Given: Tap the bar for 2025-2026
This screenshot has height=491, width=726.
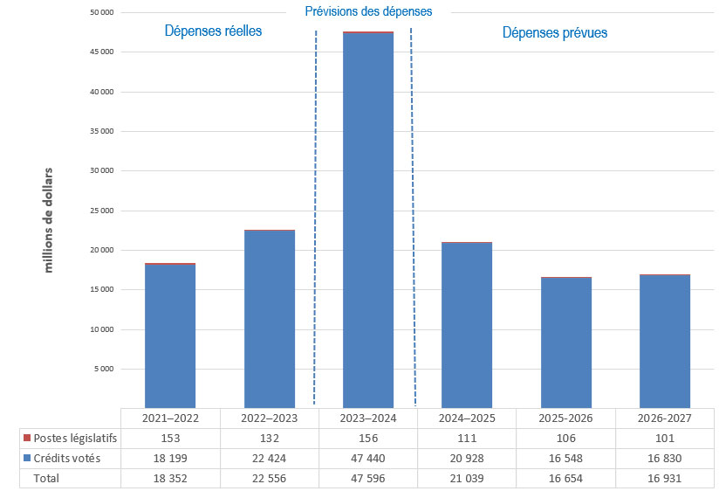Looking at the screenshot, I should pos(566,342).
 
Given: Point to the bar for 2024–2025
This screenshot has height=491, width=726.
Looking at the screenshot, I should pos(467,323).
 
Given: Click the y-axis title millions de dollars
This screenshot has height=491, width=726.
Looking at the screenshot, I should pos(49,219).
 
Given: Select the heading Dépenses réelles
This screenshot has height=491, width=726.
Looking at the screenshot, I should pos(214,31).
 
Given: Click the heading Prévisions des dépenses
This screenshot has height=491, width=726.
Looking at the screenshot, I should pos(368,12).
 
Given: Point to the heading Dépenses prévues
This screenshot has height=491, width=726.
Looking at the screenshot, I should pos(555,32).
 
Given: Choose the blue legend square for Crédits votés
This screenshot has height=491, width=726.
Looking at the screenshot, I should pos(27,458).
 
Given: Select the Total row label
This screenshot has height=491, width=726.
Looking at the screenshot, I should pos(47,478).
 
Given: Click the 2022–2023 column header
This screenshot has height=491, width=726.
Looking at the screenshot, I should pos(270,418).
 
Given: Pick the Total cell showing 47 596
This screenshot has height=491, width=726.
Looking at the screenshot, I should pos(368,478).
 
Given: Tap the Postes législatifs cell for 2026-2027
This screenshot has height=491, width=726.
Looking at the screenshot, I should pos(665,438).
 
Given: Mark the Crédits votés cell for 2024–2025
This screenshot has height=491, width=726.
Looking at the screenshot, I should pos(467,458).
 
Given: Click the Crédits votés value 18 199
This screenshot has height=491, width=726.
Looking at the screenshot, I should pos(170,458).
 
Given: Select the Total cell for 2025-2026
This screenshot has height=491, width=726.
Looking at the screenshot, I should pos(566,478).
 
